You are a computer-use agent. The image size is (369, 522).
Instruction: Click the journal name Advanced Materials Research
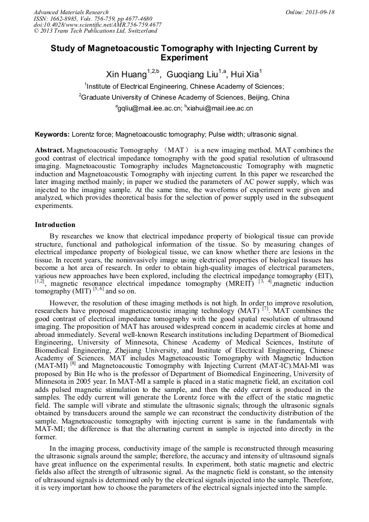pos(71,12)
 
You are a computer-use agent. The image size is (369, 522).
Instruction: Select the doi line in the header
pos(97,24)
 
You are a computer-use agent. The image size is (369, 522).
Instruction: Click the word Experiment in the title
pos(184,57)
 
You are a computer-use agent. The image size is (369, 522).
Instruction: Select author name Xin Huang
pos(125,75)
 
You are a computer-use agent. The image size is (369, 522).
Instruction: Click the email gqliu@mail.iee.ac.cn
pos(149,108)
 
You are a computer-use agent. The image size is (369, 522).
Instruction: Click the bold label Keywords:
pos(52,134)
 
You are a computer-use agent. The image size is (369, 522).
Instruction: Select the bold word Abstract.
pos(50,149)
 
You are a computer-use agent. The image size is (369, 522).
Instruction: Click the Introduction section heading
pos(55,225)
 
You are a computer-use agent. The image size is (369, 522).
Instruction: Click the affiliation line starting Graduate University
pos(185,97)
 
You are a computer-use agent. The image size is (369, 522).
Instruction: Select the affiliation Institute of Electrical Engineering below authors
pos(185,86)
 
